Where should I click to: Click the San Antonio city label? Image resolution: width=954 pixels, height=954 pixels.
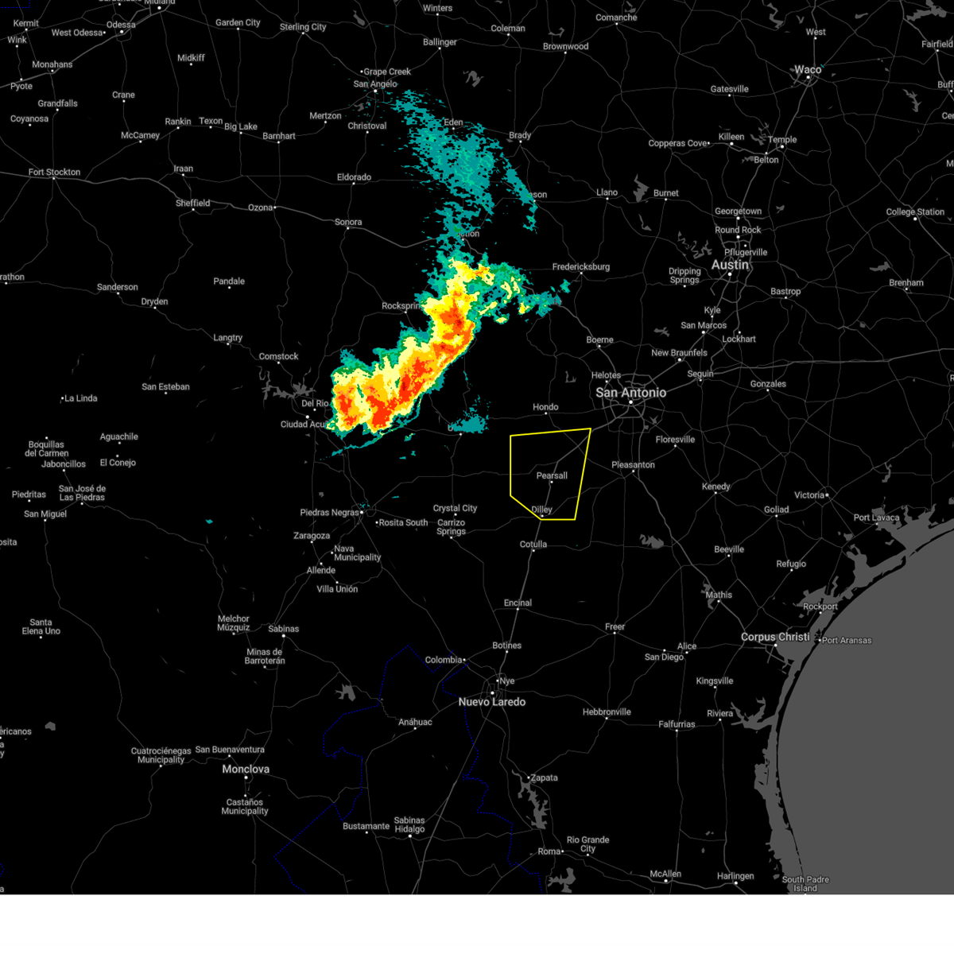click(x=631, y=393)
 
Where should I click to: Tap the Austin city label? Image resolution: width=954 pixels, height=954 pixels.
click(x=730, y=265)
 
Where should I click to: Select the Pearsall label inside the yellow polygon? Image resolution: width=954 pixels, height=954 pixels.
click(x=552, y=475)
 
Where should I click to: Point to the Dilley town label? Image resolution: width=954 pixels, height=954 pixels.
click(x=541, y=510)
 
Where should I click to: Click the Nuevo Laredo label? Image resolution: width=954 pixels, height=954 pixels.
click(x=492, y=702)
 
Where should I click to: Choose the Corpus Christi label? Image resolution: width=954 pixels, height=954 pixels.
click(x=775, y=637)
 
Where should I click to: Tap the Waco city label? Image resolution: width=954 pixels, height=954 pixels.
click(x=808, y=70)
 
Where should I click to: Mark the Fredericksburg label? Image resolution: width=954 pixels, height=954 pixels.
click(x=581, y=267)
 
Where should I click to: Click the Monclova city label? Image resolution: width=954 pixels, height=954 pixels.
click(x=246, y=770)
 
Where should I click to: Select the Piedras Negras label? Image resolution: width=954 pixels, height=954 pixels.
click(x=329, y=513)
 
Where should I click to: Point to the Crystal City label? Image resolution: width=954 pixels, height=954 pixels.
click(x=455, y=508)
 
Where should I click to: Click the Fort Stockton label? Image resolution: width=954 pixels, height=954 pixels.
click(x=54, y=172)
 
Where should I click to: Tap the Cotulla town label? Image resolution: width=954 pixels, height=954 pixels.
click(x=533, y=545)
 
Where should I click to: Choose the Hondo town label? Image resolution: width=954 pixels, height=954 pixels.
click(x=545, y=407)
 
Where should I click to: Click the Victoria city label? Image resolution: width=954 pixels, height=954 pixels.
click(x=809, y=495)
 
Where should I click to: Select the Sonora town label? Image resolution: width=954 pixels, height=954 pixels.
click(x=348, y=223)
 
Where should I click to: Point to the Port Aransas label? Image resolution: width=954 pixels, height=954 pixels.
click(x=847, y=640)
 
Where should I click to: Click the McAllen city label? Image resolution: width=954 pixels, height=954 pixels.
click(x=665, y=874)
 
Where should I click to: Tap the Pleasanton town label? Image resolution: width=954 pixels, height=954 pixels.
click(x=634, y=465)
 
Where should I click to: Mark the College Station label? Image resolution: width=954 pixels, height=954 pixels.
click(x=915, y=212)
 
